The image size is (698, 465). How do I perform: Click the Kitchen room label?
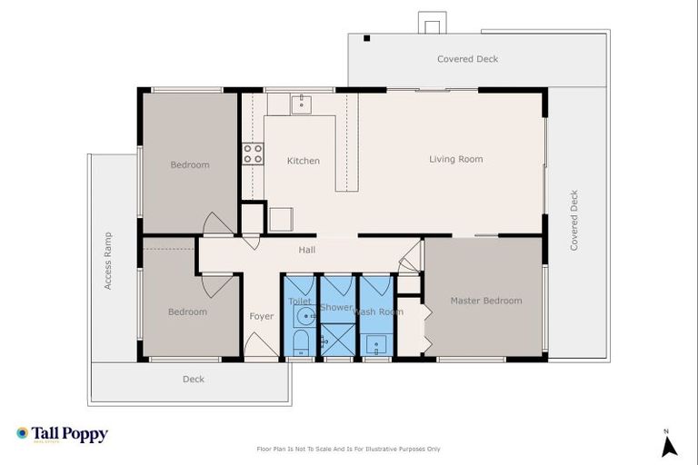tap(303, 161)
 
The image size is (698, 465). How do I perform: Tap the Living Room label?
tap(455, 159)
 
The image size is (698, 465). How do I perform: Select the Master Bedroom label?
tap(486, 301)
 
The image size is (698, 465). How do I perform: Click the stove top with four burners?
tap(253, 153)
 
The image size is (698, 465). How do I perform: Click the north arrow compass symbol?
tap(669, 444)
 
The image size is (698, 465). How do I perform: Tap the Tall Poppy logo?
tap(62, 434)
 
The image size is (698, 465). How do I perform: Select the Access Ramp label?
tap(107, 261)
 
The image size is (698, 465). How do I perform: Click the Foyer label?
tap(261, 316)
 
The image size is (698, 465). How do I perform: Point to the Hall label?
tap(306, 250)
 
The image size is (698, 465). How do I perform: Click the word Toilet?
tap(300, 301)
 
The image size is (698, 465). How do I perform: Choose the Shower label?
tap(335, 308)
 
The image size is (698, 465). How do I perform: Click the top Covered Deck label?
tap(467, 59)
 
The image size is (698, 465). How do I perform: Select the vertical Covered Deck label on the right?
tap(573, 221)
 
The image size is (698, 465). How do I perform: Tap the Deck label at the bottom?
tap(193, 379)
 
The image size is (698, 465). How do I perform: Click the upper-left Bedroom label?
tap(190, 164)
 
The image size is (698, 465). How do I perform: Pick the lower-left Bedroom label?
tap(187, 312)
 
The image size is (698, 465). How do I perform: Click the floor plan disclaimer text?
tap(349, 449)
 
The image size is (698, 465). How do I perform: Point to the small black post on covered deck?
tap(366, 38)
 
